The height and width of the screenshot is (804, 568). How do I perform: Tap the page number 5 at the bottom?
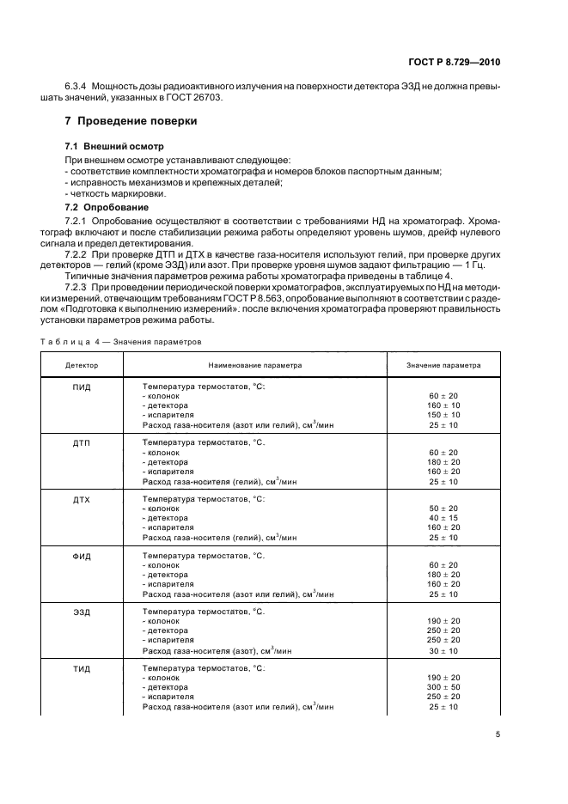point(498,734)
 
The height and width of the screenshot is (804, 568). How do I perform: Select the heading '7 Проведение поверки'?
point(131,121)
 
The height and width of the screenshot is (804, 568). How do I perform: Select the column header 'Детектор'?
point(82,365)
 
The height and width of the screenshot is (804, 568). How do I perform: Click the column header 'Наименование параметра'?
point(253,365)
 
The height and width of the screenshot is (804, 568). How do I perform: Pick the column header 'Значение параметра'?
point(443,365)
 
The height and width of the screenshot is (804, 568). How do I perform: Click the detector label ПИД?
point(82,387)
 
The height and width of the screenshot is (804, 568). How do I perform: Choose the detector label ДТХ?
point(82,498)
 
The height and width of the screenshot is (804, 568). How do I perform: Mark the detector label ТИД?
point(82,667)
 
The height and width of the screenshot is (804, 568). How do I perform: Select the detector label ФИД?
point(82,556)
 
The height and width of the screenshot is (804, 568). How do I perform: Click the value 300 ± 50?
point(443,687)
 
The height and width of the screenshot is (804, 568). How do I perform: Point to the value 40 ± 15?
point(443,518)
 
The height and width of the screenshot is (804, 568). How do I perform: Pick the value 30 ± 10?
point(443,650)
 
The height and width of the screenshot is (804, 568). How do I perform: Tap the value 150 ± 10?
point(443,415)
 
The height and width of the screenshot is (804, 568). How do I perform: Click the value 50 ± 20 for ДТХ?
point(443,509)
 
